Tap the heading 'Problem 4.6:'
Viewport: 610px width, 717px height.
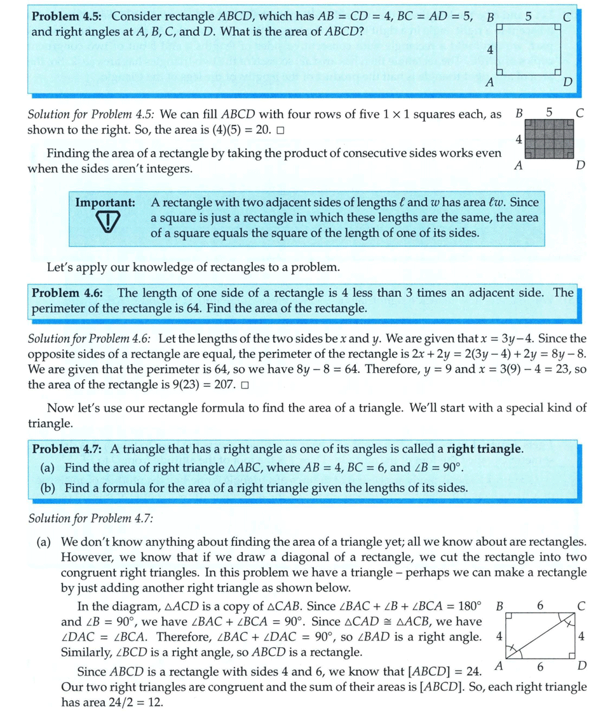tap(71, 293)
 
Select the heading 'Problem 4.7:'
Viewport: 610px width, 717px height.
tap(69, 449)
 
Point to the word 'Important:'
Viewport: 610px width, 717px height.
tap(105, 203)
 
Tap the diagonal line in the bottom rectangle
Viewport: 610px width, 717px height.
tap(541, 637)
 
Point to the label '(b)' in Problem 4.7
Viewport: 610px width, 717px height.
tap(48, 488)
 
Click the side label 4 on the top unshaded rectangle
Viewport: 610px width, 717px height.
tap(490, 50)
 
